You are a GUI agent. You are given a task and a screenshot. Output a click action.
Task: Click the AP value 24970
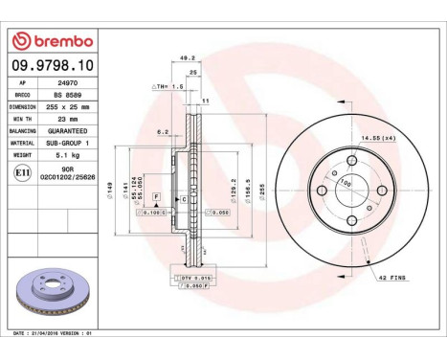coord(63,83)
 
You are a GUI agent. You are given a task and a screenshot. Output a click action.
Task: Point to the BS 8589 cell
coord(63,95)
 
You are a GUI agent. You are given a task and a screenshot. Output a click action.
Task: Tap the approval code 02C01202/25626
coord(63,177)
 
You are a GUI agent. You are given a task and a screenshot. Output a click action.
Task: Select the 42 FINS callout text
coord(391,278)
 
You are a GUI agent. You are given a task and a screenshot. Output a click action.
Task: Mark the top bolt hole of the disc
coord(351,162)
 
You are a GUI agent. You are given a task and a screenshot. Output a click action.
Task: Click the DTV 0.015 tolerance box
coord(194,278)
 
